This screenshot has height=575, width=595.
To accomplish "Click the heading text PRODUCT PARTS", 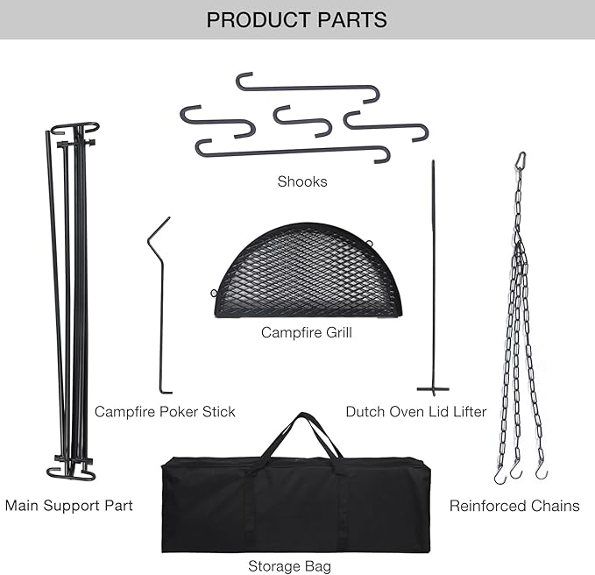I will (296, 19).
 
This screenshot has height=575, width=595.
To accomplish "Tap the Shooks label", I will (301, 181).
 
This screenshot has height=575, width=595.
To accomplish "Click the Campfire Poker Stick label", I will (165, 411).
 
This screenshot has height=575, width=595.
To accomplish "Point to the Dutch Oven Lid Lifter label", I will (415, 411).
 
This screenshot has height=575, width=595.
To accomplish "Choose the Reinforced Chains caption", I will (514, 506).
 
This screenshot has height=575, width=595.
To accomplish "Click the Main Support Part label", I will (69, 506).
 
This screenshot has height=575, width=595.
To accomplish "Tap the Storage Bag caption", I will (289, 566).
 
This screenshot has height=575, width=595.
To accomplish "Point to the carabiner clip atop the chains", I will (521, 160).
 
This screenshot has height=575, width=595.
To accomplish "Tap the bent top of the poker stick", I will (158, 230).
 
